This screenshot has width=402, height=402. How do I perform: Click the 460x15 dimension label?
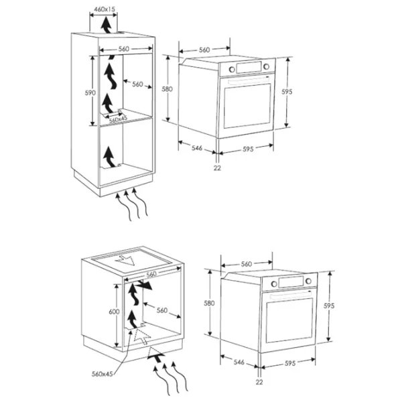tap(105, 9)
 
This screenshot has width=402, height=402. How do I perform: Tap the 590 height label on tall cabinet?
tap(90, 93)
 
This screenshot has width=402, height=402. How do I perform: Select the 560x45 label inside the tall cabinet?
tap(118, 119)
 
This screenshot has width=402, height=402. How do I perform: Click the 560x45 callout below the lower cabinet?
tap(102, 374)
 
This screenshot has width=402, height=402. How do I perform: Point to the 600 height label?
tap(114, 312)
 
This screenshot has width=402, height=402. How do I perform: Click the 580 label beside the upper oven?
tap(167, 89)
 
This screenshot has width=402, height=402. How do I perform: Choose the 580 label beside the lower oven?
tap(209, 303)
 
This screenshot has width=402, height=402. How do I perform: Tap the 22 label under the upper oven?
tap(217, 168)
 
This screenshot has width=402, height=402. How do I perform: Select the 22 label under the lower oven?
tap(259, 382)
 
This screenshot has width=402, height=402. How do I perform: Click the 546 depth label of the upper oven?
tap(197, 147)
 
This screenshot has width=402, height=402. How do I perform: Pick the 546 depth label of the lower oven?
tap(239, 362)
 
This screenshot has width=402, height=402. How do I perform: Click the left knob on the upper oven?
tap(232, 69)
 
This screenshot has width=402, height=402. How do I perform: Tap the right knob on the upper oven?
tap(267, 66)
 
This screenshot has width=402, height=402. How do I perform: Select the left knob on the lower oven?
tap(274, 284)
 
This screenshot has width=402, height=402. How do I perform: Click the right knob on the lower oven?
tap(308, 281)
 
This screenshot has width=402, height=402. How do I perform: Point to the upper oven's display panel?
tap(249, 68)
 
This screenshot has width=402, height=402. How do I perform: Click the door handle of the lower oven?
tap(291, 295)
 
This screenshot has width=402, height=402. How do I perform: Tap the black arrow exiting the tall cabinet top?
tap(106, 25)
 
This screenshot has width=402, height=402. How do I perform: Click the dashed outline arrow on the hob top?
tap(125, 260)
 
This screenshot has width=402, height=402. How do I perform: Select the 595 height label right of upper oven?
tap(287, 92)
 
